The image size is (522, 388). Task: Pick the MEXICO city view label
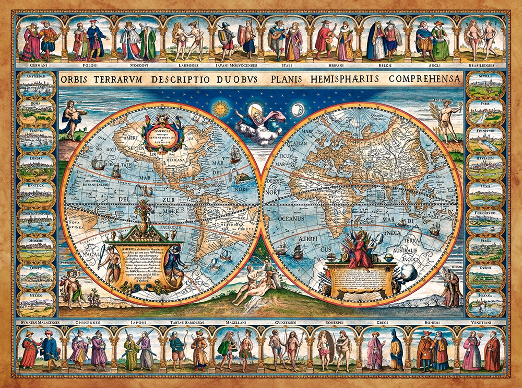click(x=36, y=296)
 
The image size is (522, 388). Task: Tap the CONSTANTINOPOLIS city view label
click(x=36, y=213)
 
